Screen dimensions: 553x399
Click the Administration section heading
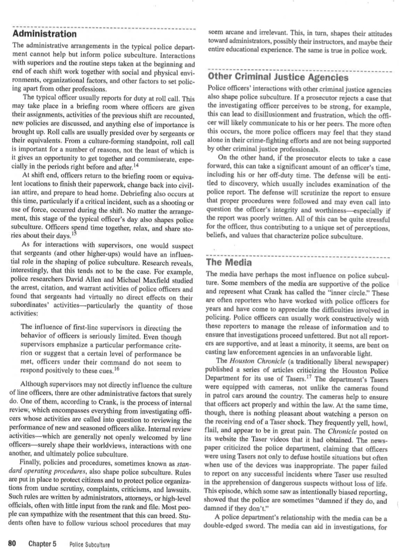pos(44,35)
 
